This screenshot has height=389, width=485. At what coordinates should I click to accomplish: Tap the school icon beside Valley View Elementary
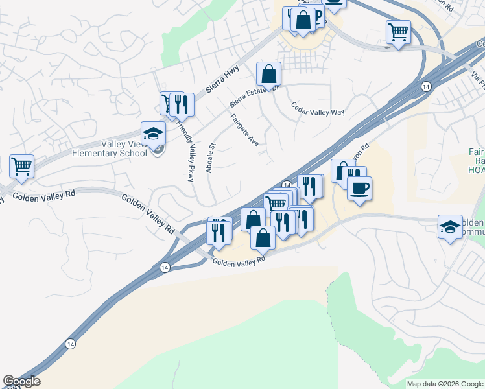point(154,134)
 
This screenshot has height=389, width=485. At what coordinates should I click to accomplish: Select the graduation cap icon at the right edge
point(451,227)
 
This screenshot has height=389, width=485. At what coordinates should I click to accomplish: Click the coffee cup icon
point(359,189)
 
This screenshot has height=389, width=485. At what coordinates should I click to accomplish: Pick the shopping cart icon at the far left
point(21,166)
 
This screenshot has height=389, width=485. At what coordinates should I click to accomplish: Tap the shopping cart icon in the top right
point(398,31)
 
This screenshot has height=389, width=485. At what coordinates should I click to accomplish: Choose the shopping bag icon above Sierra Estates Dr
point(268,74)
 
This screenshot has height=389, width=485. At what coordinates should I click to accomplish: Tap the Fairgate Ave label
point(244,129)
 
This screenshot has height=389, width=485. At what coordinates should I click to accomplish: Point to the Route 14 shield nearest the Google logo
point(70,344)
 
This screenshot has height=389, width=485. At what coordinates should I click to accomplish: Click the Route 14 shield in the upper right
point(425,86)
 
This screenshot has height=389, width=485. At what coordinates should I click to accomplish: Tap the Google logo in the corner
point(21,381)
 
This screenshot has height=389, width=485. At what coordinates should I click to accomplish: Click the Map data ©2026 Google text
point(445,384)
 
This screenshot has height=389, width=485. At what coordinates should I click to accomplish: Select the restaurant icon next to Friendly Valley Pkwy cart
point(182,104)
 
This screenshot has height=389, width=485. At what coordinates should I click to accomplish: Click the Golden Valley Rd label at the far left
point(44,194)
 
